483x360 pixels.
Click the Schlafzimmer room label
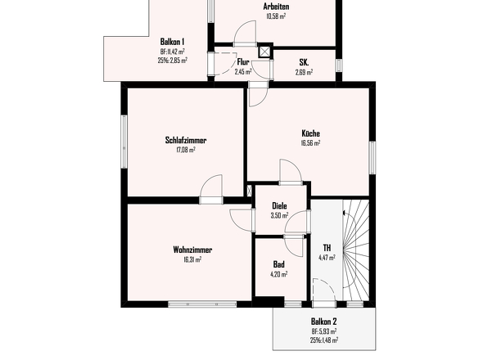[x=186, y=141]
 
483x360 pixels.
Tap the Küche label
[x=310, y=133]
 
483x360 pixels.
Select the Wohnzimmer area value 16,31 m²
[x=192, y=259]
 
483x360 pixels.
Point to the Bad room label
[x=279, y=264]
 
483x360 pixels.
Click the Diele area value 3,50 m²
[x=279, y=215]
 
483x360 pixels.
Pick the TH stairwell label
[x=327, y=248]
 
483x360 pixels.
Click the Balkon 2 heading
[x=323, y=322]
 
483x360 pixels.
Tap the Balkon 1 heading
[x=172, y=42]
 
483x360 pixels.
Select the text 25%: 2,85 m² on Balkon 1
[x=172, y=61]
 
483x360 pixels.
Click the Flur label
[x=243, y=62]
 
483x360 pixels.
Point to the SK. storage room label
[x=304, y=62]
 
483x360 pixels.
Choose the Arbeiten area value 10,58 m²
[x=276, y=16]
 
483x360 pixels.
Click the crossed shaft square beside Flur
[x=264, y=52]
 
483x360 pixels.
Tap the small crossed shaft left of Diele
[x=250, y=191]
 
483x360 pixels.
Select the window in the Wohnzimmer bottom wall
[x=202, y=304]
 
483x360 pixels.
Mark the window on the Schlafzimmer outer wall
[x=124, y=142]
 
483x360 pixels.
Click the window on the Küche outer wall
[x=372, y=158]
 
